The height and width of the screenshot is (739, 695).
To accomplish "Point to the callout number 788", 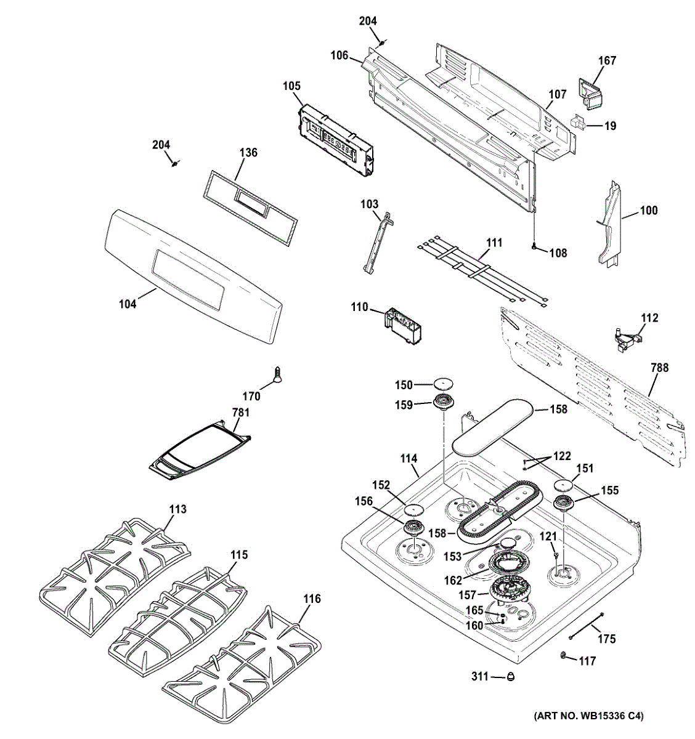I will click(659, 368).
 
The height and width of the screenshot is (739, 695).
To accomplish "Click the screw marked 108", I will click(534, 248).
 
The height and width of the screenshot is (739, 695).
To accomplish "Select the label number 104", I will click(128, 303).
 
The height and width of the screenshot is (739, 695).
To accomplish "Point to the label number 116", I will click(312, 599).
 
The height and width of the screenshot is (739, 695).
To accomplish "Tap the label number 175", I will click(606, 639).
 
